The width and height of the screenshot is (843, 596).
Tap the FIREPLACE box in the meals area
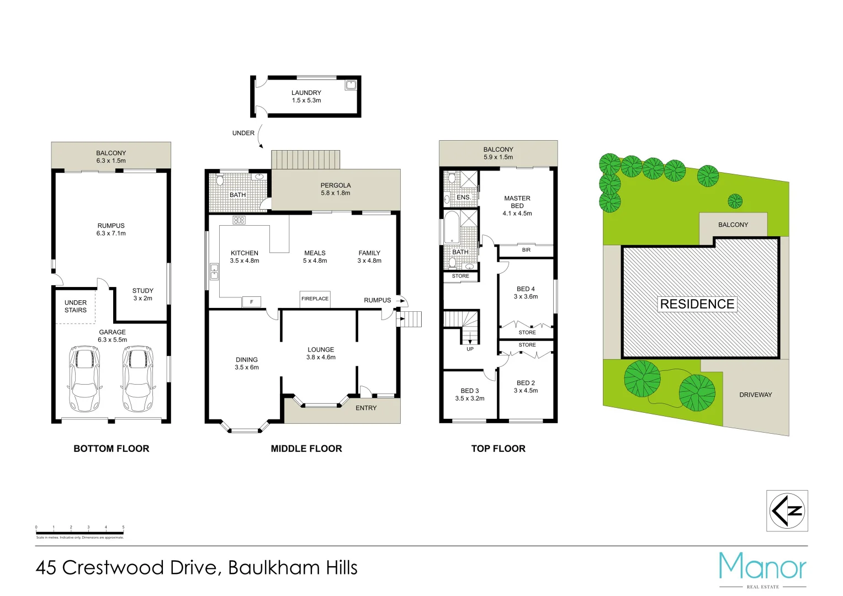[x=315, y=299]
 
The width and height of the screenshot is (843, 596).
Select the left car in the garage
[x=84, y=379]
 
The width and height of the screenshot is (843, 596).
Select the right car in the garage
[x=137, y=379]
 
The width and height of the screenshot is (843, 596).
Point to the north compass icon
[x=787, y=510]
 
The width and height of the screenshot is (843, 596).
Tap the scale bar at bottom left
[x=79, y=533]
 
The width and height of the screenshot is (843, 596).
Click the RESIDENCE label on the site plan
[x=697, y=304]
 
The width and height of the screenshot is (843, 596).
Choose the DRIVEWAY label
[x=755, y=395]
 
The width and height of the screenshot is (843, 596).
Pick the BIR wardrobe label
[x=526, y=250]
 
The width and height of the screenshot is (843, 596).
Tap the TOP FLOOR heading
[x=498, y=449]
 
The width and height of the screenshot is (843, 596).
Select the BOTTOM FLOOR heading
[x=111, y=449]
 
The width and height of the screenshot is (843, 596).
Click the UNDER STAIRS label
[x=76, y=306]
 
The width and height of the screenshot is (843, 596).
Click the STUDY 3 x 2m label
[x=142, y=294]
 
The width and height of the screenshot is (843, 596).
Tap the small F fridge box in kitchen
[x=251, y=302]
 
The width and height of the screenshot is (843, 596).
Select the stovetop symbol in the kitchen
[x=238, y=220]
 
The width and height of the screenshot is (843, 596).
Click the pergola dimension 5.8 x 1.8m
[x=335, y=193]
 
